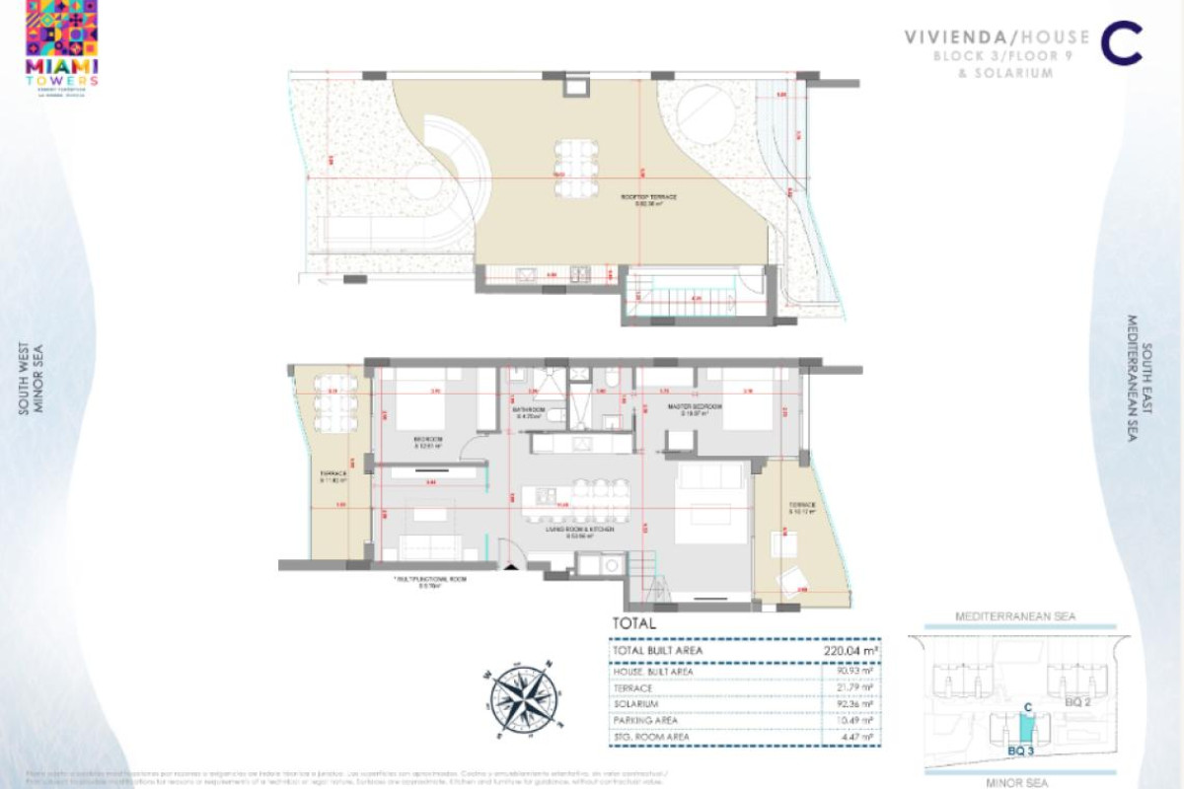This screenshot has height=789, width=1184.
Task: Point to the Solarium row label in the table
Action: [635, 704]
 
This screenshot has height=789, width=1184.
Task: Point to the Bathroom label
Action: [528, 410]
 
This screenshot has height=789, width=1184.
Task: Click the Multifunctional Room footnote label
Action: [430, 581]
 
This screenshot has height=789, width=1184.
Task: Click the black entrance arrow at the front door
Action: [507, 565]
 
